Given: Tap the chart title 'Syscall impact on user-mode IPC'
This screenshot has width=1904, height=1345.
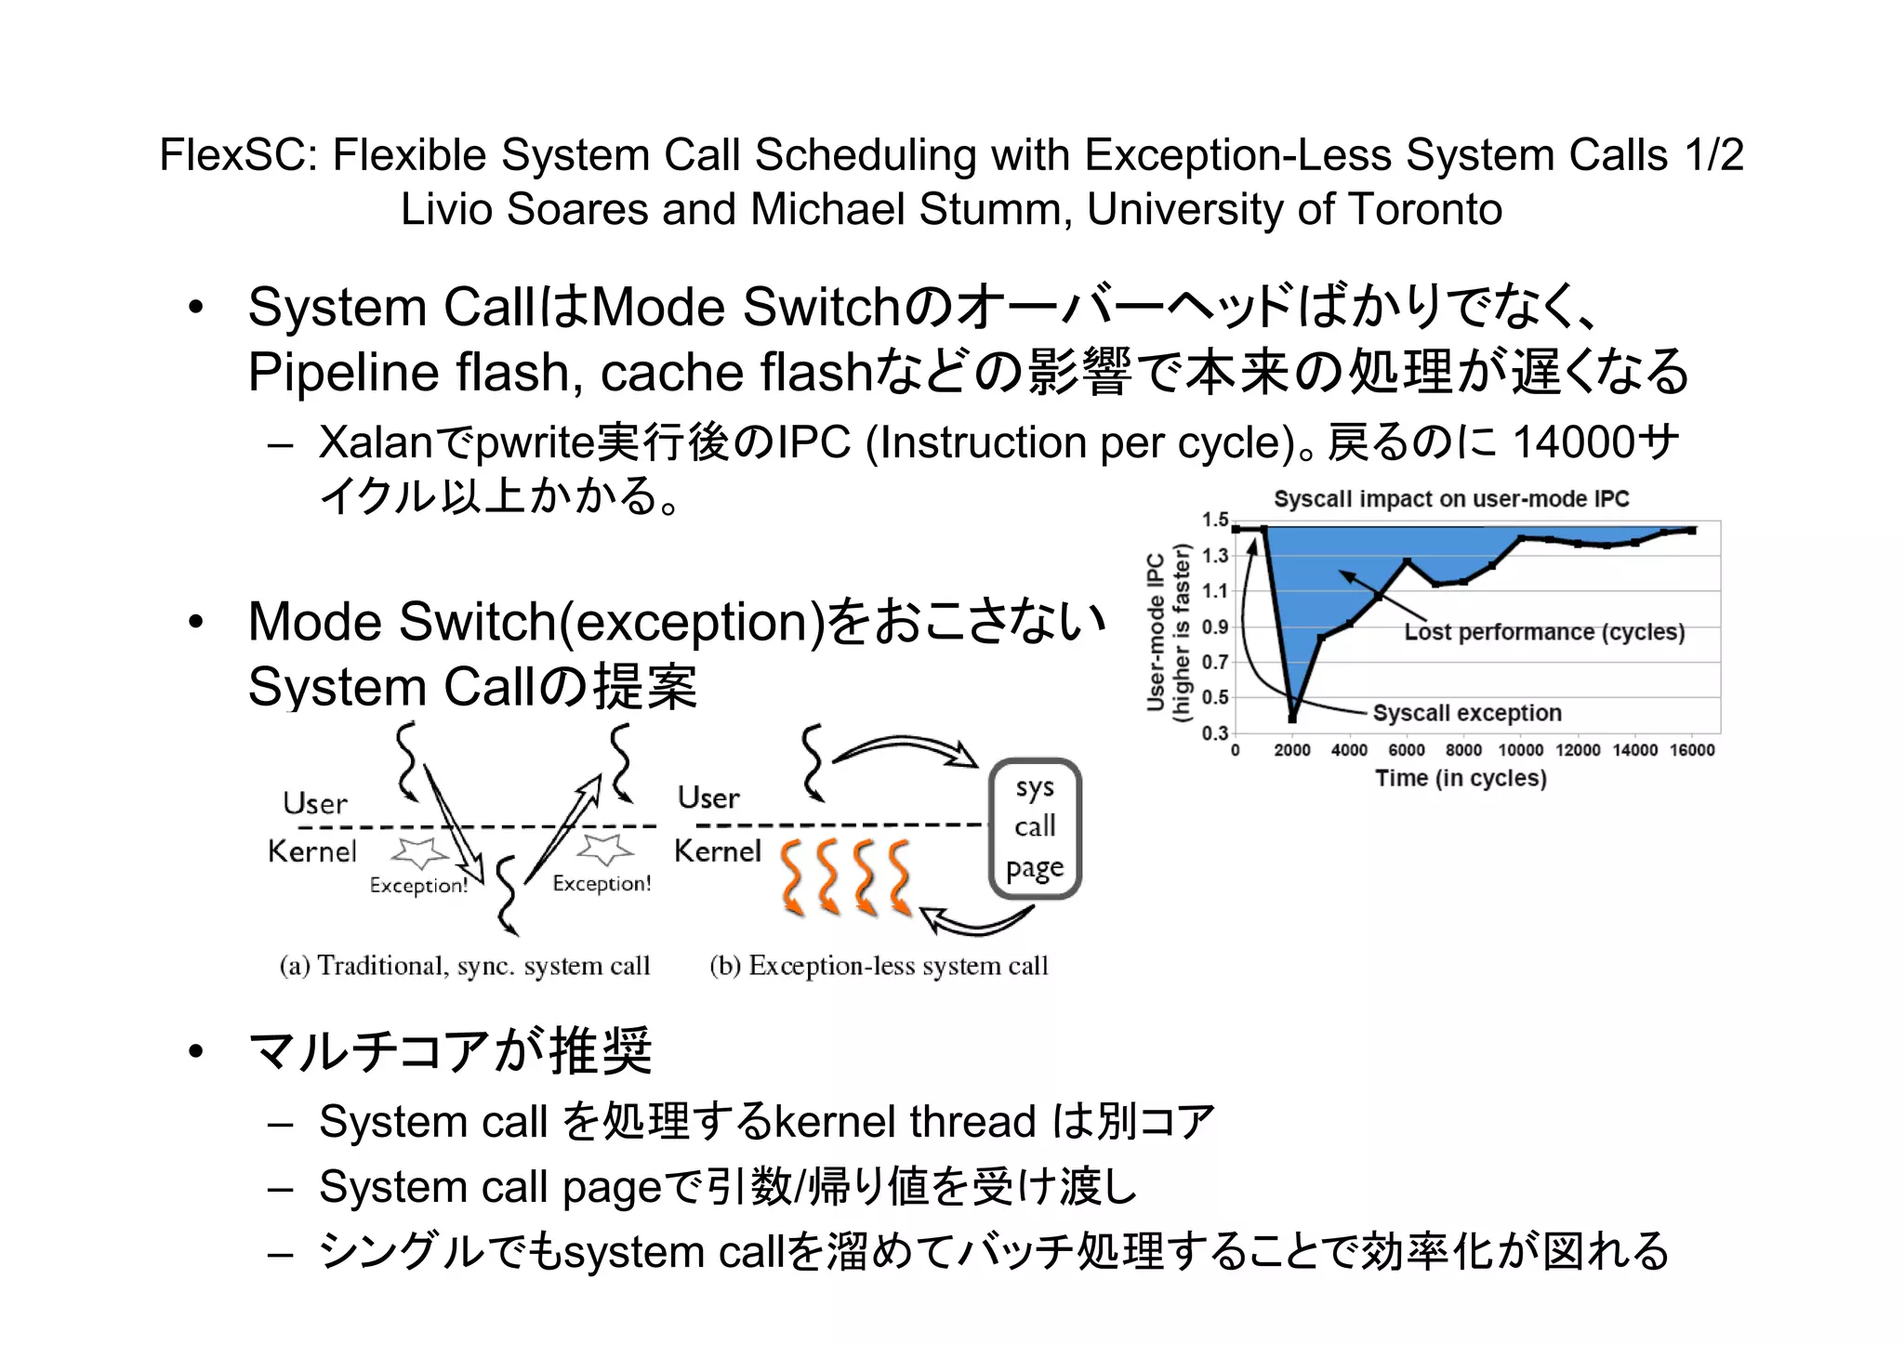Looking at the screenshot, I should click(x=1450, y=499).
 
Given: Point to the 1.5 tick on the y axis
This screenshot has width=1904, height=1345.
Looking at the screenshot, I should click(x=1214, y=521).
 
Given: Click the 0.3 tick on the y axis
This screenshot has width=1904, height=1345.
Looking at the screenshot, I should click(x=1214, y=733).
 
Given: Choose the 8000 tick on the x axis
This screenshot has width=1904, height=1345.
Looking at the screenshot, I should click(x=1463, y=751).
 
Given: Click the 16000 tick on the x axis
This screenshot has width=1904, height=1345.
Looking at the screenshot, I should click(x=1691, y=751).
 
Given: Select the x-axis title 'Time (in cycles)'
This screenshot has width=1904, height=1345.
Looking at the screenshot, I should click(x=1461, y=778).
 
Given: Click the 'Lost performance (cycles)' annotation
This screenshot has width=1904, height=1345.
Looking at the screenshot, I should click(x=1544, y=633).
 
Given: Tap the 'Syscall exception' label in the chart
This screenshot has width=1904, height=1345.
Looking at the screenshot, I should click(x=1467, y=713).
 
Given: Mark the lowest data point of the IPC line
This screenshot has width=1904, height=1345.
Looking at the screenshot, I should click(x=1292, y=718).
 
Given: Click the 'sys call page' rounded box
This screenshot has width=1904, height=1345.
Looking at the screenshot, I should click(x=1035, y=828).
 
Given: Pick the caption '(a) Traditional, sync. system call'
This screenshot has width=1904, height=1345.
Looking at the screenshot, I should click(x=465, y=967).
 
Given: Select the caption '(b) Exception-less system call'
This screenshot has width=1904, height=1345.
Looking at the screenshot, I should click(x=879, y=967).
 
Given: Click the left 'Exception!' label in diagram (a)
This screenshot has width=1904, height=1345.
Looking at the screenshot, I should click(x=418, y=886).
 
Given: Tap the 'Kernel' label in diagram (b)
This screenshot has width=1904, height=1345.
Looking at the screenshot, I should click(x=717, y=851).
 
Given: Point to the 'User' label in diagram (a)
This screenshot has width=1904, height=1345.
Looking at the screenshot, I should click(x=315, y=804).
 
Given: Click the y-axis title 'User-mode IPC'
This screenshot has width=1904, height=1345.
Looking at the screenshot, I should click(x=1156, y=632).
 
